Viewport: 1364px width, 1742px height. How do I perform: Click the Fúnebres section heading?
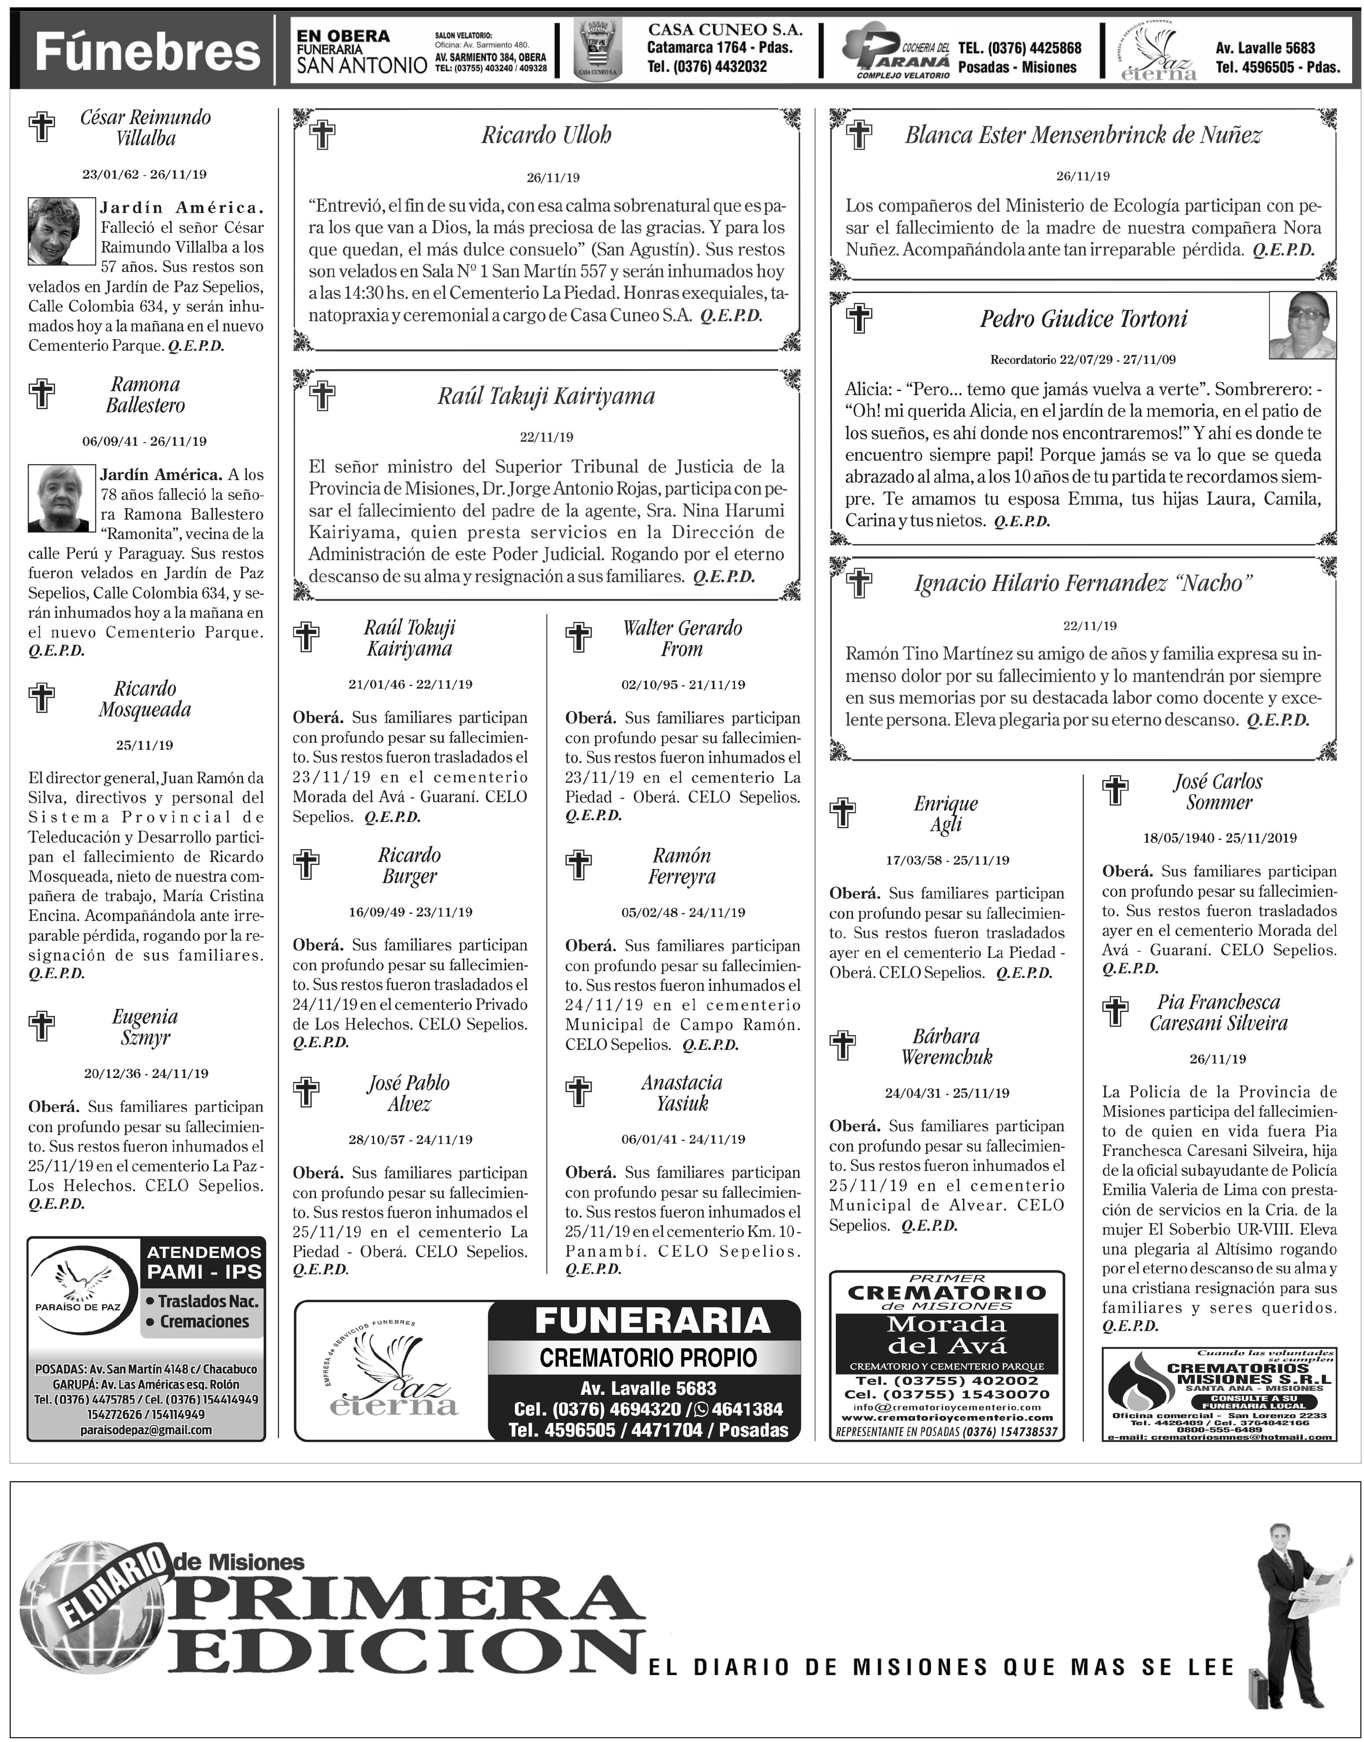(x=148, y=53)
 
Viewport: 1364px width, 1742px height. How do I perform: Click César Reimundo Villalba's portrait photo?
(x=54, y=231)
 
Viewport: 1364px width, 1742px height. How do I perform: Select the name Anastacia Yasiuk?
(x=682, y=1093)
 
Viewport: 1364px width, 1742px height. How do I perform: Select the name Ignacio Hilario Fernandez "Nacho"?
(x=1083, y=583)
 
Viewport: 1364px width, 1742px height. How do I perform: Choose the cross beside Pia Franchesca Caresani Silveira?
(x=1116, y=1012)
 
